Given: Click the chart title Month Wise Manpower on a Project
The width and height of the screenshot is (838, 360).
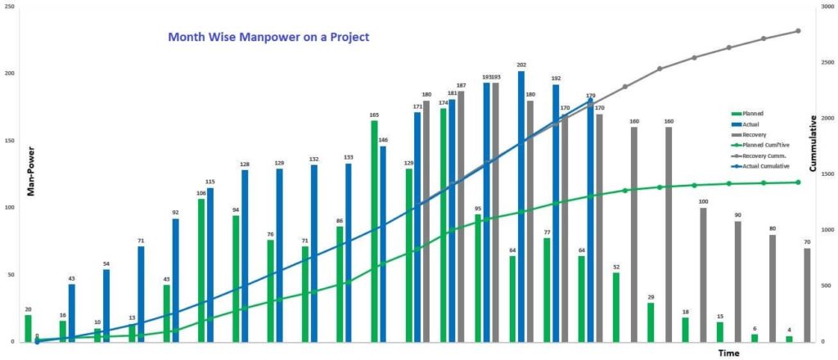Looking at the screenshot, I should coord(268,37).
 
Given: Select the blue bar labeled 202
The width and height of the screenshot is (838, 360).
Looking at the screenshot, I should coord(521,205).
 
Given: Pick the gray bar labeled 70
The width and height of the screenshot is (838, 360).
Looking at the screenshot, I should coord(808,295).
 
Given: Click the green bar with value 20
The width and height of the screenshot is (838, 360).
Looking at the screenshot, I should coord(28,328).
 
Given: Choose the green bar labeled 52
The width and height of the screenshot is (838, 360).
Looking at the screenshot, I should coord(616,307).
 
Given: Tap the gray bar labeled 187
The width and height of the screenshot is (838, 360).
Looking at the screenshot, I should coord(461,216).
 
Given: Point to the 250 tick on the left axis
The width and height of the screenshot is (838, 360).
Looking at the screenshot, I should coord(9,7).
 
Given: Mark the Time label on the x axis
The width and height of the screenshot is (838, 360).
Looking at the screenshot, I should coord(729,353).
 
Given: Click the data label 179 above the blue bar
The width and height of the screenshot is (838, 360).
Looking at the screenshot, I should coord(590,95).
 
